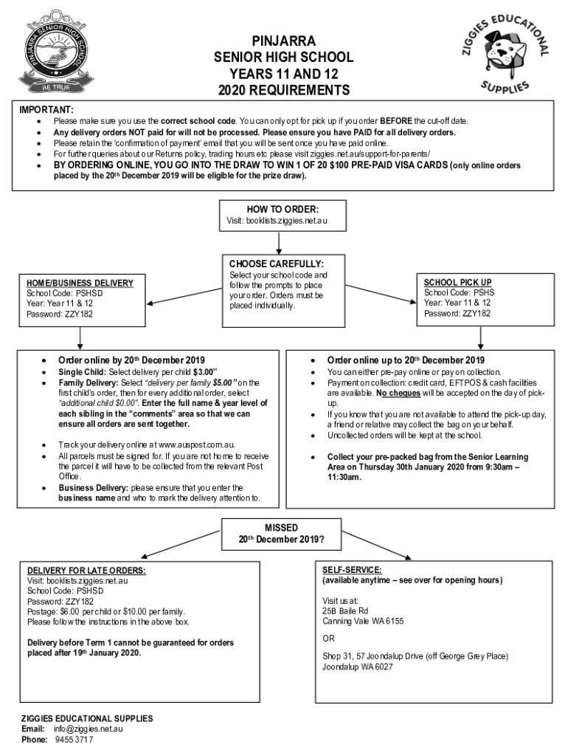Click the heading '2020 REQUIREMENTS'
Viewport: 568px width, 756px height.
coord(283,91)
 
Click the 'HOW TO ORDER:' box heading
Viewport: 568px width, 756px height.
coord(283,209)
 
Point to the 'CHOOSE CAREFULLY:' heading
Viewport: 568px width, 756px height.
coord(276,264)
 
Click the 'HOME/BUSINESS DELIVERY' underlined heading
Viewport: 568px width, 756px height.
coord(80,283)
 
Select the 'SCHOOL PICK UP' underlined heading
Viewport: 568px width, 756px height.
coord(457,282)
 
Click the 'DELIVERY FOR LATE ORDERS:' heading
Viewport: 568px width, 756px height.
coord(86,571)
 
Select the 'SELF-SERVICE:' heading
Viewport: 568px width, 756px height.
coord(352,570)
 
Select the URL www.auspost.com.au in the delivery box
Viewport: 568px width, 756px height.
coord(196,445)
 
